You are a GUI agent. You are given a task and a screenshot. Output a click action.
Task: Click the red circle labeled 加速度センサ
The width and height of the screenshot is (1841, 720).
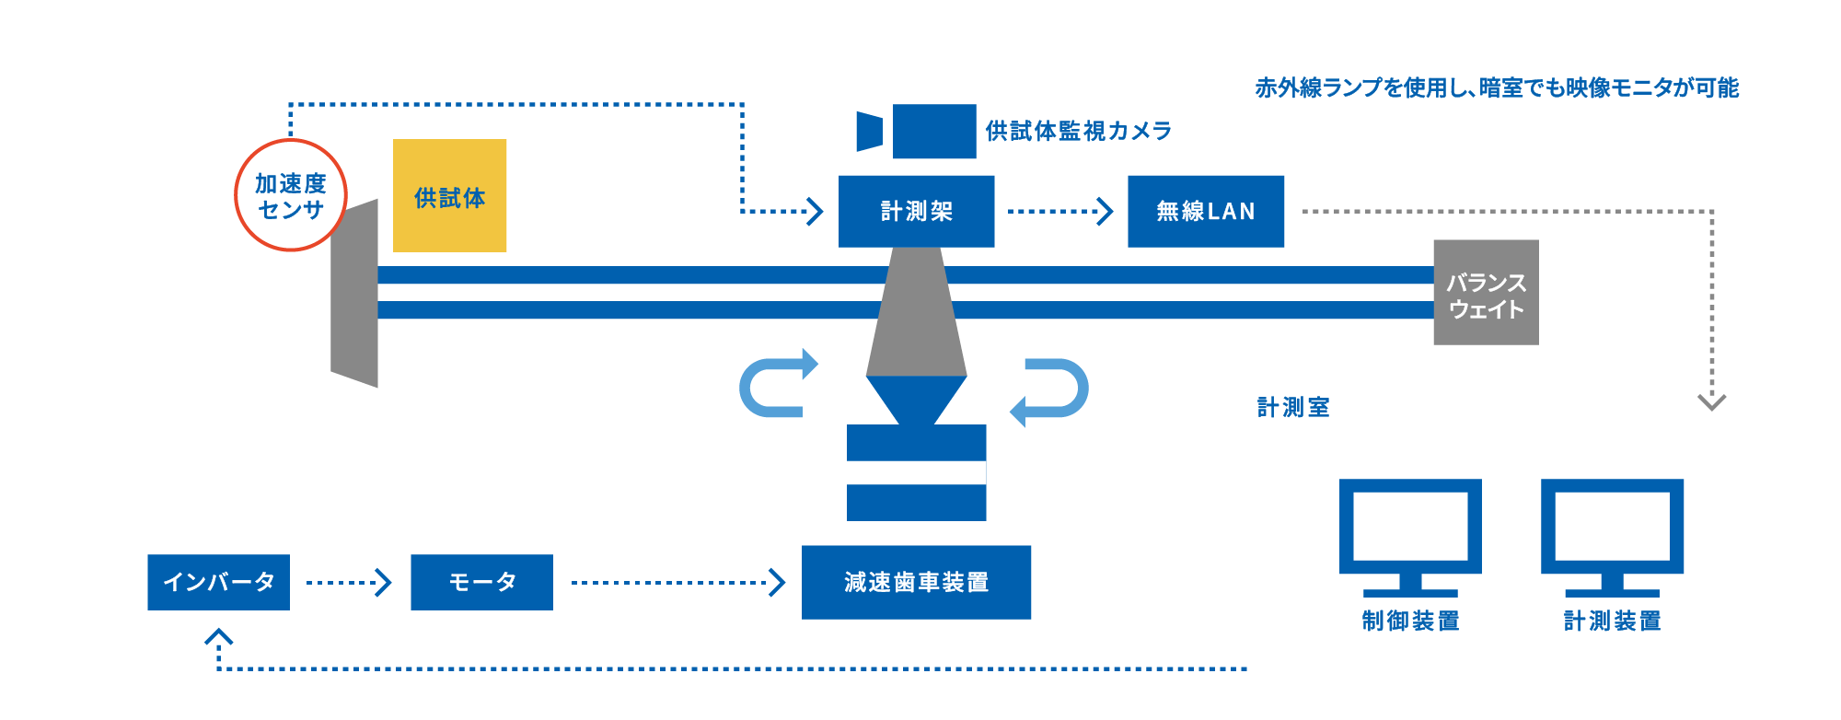coord(291,195)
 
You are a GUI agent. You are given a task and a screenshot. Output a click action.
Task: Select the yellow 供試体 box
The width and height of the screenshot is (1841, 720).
coord(449,196)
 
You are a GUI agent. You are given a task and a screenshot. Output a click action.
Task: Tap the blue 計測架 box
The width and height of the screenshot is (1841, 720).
coord(916,211)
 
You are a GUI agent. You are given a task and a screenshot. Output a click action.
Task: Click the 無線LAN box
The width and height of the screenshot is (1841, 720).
coord(1205,211)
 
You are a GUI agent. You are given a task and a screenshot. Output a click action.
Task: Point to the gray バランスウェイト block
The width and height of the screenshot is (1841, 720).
coord(1485,293)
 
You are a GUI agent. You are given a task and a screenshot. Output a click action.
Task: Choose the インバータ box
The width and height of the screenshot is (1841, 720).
coord(218,582)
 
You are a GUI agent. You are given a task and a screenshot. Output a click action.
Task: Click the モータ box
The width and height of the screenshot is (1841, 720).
coord(481,582)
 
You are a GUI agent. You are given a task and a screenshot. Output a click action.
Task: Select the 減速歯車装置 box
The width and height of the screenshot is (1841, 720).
coord(916,582)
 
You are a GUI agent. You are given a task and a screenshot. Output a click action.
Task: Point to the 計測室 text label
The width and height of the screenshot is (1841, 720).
coord(1293,407)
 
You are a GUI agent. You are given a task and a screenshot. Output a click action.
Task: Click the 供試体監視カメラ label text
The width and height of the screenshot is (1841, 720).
coord(1078,131)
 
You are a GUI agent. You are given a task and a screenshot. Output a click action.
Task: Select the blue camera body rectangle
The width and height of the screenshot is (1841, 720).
coord(933,131)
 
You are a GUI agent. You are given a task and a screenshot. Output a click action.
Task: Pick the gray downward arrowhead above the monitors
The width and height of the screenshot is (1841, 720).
coord(1711,401)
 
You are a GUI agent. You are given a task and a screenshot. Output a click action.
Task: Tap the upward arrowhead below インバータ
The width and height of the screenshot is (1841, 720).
coord(218,637)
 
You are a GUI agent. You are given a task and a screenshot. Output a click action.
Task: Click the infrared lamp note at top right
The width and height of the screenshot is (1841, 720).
coord(1496,87)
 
